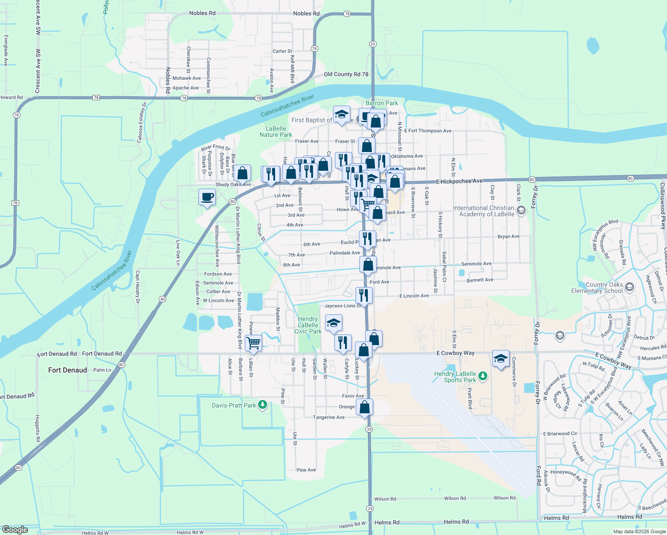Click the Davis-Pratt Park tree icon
[x=263, y=405]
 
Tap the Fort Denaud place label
[x=68, y=370]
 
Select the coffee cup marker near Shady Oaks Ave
[x=207, y=197]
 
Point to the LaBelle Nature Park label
[x=276, y=132]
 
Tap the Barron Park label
[x=382, y=103]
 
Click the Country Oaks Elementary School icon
[x=630, y=287]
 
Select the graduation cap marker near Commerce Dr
[x=501, y=358]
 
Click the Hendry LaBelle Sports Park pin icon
[x=483, y=377]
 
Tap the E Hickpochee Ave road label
[x=459, y=181]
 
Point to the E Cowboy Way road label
[x=455, y=353]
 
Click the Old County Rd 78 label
[x=346, y=74]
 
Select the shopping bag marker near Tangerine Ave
[x=364, y=407]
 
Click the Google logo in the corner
[x=15, y=530]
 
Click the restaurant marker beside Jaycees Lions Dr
[x=364, y=296]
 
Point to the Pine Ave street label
[x=306, y=470]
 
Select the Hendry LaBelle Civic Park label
[x=308, y=325]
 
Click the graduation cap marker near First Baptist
[x=342, y=115]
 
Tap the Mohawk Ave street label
[x=186, y=78]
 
